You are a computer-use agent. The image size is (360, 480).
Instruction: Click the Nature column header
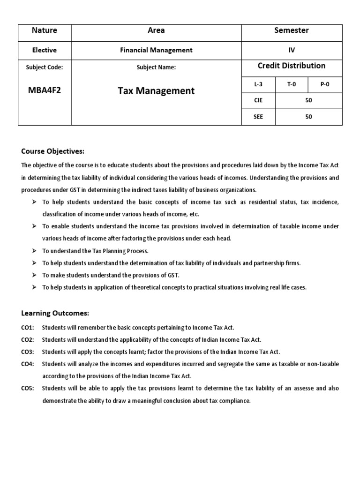pos(45,30)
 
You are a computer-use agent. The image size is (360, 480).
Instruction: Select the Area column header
pos(156,30)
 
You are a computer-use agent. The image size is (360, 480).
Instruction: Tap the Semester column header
pos(291,30)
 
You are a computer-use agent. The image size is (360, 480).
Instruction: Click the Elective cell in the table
pos(45,50)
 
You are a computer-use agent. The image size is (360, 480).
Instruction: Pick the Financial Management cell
pos(156,50)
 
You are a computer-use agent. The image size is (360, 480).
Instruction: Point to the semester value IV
pos(291,50)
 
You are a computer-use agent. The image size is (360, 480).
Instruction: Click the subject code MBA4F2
pos(45,90)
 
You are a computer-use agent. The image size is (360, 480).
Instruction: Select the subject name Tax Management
pos(156,91)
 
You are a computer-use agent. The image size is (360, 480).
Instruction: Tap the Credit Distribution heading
pos(291,66)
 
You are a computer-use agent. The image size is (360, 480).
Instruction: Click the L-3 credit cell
pos(258,84)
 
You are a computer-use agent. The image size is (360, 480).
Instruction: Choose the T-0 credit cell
pos(292,84)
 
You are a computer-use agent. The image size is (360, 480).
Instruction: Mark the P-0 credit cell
pos(325,84)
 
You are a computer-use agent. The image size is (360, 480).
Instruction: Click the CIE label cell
pos(258,100)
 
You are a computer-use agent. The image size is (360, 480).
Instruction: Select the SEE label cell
pos(258,117)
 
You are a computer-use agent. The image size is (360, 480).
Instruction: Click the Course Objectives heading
pos(52,151)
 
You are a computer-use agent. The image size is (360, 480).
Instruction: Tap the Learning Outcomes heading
pos(55,313)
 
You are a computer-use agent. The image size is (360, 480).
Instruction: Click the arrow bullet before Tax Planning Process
pos(35,251)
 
